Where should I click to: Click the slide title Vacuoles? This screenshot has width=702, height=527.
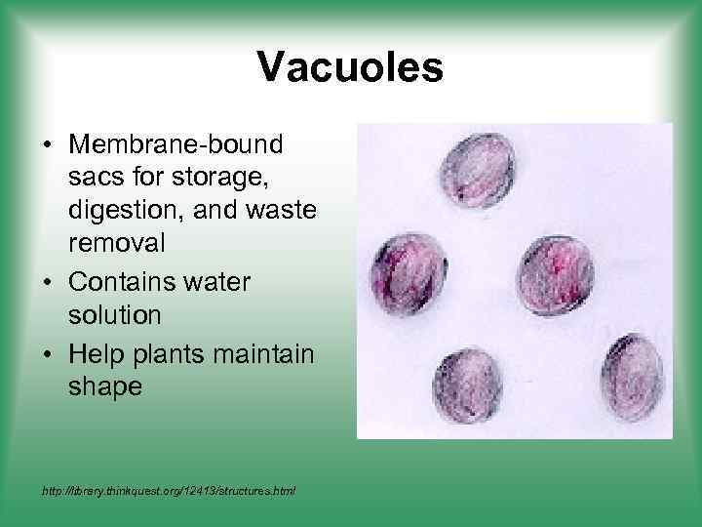coord(351,68)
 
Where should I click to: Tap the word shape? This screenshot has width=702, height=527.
coord(105,385)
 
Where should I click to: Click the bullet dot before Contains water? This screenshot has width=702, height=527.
coord(47,283)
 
